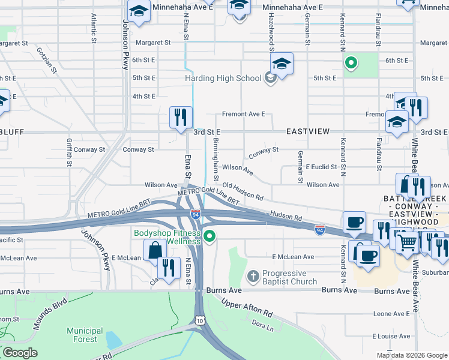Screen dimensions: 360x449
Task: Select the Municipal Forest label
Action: [x=85, y=335]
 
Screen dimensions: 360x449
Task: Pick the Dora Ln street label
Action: [x=263, y=326]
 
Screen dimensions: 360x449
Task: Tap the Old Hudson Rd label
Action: [x=243, y=192]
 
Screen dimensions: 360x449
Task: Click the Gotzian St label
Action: [x=46, y=61]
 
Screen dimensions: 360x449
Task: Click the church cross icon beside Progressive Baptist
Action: [x=253, y=277]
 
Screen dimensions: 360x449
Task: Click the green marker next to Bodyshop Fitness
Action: [x=209, y=237]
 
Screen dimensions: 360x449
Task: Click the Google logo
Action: [x=20, y=353]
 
